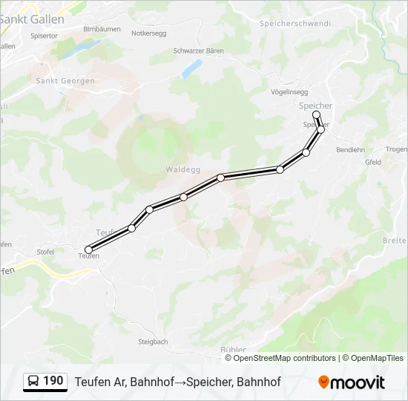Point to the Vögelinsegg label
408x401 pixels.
[290, 91]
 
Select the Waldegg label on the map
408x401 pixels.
[183, 169]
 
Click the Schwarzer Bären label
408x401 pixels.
[198, 51]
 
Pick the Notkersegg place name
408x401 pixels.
[149, 33]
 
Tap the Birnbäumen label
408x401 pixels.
[102, 28]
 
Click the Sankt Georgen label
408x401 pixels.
[65, 80]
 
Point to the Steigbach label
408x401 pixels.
[153, 342]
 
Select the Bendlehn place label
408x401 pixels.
[350, 149]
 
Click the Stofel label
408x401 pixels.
[45, 252]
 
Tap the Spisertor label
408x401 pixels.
[45, 35]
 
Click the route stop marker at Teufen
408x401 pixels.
[89, 250]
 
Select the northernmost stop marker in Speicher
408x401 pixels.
[317, 114]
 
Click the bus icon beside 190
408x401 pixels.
[34, 382]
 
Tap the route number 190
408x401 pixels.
[53, 381]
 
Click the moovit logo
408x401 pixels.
[352, 382]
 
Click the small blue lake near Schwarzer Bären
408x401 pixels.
[191, 69]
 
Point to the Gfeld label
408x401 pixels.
[372, 162]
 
